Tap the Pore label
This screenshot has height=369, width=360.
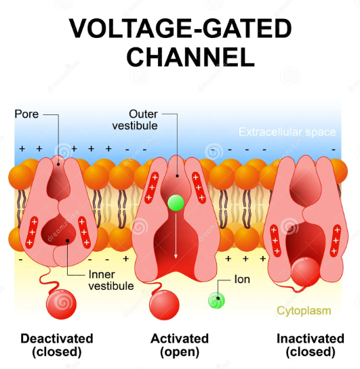26,114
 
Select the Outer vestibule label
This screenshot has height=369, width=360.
143,119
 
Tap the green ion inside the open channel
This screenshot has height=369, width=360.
176,202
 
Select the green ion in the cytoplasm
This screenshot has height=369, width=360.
218,300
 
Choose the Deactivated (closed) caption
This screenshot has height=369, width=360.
57,345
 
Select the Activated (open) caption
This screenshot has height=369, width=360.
179,345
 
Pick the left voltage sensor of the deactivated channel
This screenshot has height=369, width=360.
30,232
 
